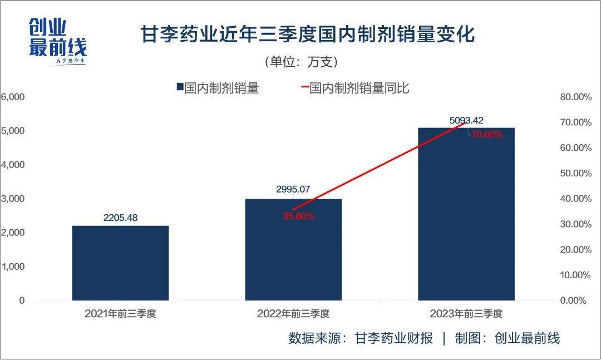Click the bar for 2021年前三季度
click(120, 263)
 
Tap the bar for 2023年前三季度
click(466, 214)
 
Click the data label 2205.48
click(120, 218)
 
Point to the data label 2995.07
click(293, 189)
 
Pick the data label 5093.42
click(466, 120)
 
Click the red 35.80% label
click(298, 216)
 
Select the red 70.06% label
click(487, 134)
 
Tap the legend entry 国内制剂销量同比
click(359, 88)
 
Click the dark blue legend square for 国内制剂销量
click(180, 87)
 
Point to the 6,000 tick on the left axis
click(13, 97)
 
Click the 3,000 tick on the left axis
click(13, 199)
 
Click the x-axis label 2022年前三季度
click(293, 314)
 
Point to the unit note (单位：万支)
click(300, 61)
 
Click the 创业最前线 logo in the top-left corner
click(57, 42)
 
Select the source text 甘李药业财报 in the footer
click(393, 338)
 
